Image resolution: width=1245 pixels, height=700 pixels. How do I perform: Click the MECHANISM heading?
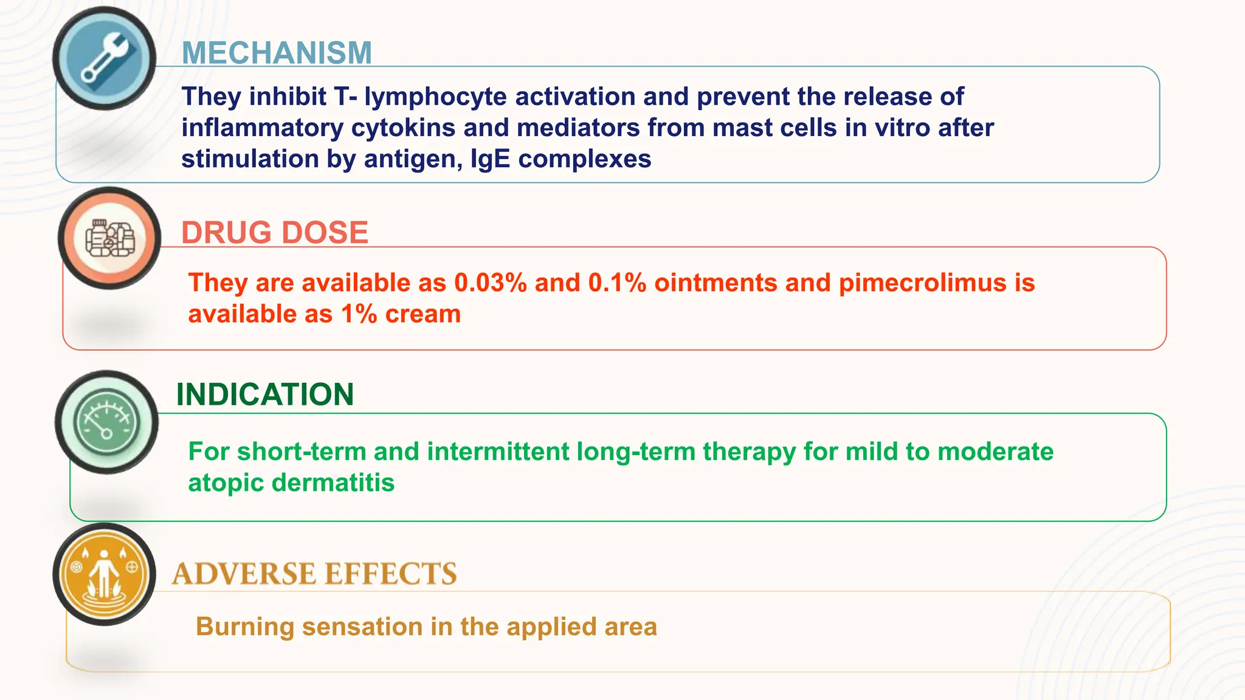pos(277,53)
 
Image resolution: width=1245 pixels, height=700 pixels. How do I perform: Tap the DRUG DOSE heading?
pos(275,233)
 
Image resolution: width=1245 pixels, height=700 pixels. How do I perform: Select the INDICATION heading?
pos(265,394)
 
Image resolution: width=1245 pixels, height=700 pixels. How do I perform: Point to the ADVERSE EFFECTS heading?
pos(314,574)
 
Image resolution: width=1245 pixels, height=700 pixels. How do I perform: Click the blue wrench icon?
pos(105,58)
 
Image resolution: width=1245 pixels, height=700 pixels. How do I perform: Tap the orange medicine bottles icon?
pos(109,238)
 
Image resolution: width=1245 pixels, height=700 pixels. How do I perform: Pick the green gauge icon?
pos(106,422)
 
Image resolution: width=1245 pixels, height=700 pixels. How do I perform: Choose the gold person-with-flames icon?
pos(105,574)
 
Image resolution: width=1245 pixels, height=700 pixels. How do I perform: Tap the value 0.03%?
pos(490,283)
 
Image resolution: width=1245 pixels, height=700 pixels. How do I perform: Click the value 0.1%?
pos(617,283)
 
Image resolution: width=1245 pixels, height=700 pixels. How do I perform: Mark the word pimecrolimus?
pos(923,283)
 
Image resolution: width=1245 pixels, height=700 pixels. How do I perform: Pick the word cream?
pos(422,315)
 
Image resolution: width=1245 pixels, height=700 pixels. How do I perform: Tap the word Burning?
pos(245,627)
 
